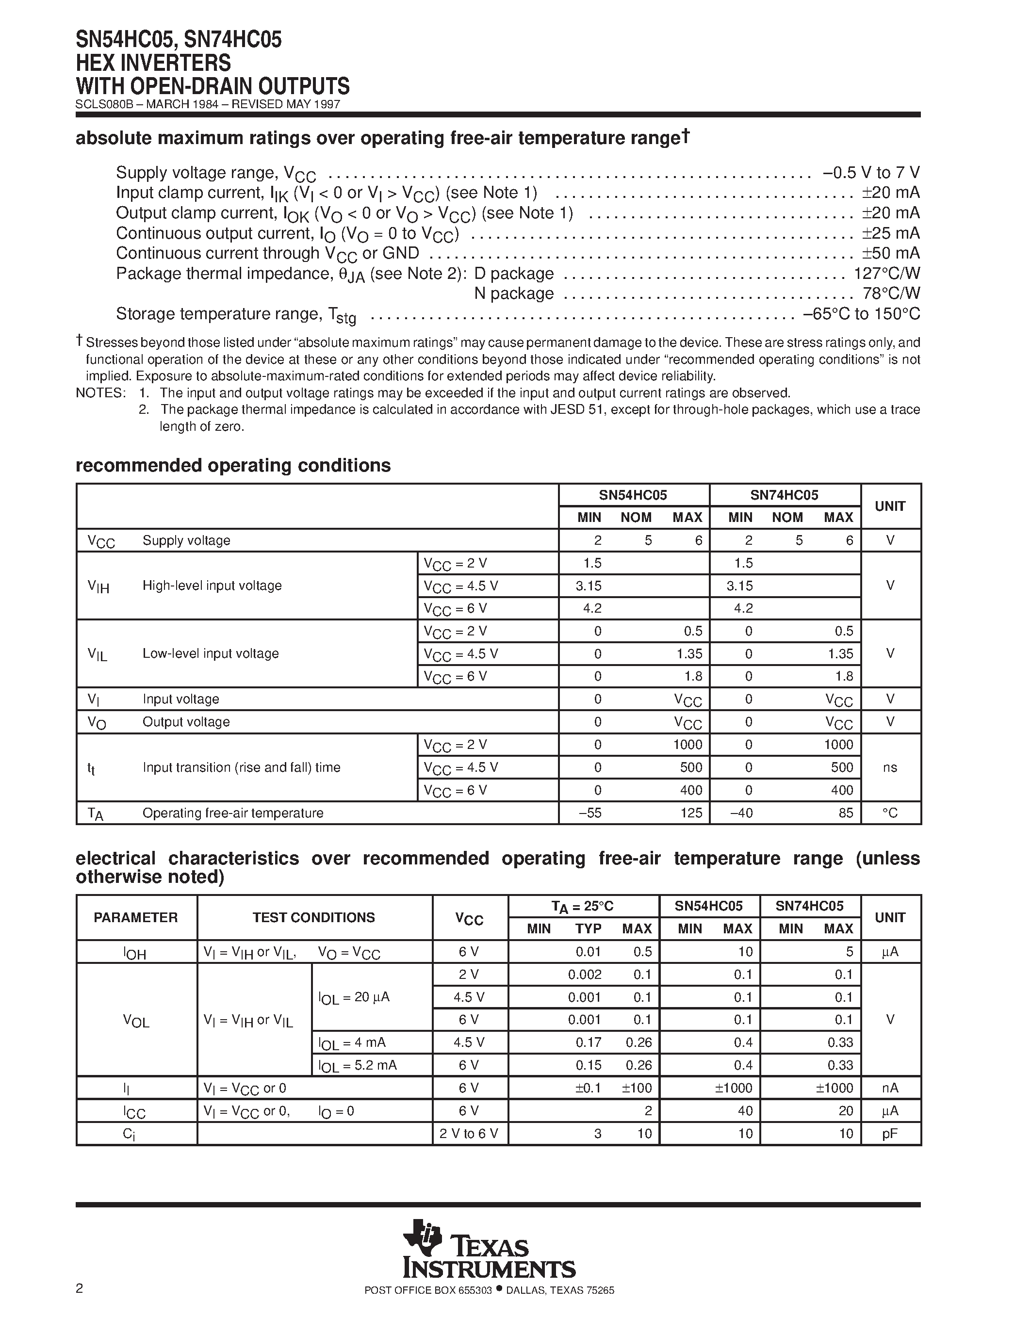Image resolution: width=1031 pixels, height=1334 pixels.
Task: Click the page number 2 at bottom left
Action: (x=80, y=1288)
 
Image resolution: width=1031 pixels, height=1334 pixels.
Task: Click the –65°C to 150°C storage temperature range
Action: (x=861, y=314)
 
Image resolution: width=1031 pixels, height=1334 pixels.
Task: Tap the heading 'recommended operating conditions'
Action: (x=233, y=465)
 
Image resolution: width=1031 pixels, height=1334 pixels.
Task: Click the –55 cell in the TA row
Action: (x=589, y=813)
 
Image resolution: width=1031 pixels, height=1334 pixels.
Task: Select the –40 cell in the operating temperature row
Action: (x=740, y=813)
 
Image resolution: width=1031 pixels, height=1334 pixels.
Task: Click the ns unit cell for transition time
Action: (x=890, y=767)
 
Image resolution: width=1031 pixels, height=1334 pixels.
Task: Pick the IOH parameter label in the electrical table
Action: (x=135, y=952)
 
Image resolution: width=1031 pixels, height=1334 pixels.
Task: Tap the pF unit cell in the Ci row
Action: (x=890, y=1134)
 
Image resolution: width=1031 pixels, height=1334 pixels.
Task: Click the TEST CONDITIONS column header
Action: (x=314, y=917)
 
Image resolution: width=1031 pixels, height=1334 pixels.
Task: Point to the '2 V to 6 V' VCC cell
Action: (x=469, y=1134)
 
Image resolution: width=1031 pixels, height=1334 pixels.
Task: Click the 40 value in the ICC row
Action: (x=745, y=1110)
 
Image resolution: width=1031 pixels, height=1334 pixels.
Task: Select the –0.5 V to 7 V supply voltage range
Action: (x=871, y=172)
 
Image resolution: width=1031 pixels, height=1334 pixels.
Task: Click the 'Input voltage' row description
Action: (x=181, y=699)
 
